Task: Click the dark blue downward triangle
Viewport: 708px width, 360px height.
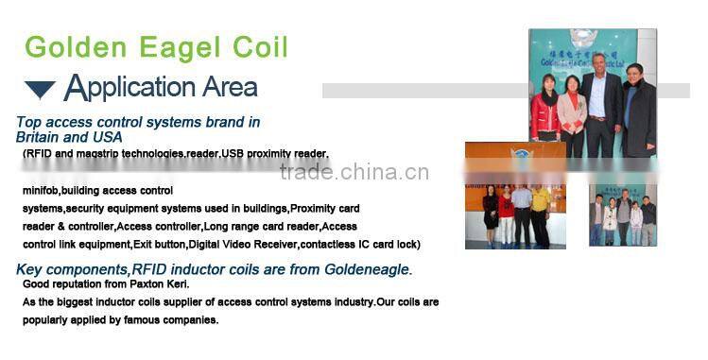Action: (40, 91)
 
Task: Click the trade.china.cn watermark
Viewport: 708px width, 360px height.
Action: (354, 172)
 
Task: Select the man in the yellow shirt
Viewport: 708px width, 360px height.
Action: (540, 213)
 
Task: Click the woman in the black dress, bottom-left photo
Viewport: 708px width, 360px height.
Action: (490, 215)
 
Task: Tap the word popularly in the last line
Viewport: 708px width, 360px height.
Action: (44, 319)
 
